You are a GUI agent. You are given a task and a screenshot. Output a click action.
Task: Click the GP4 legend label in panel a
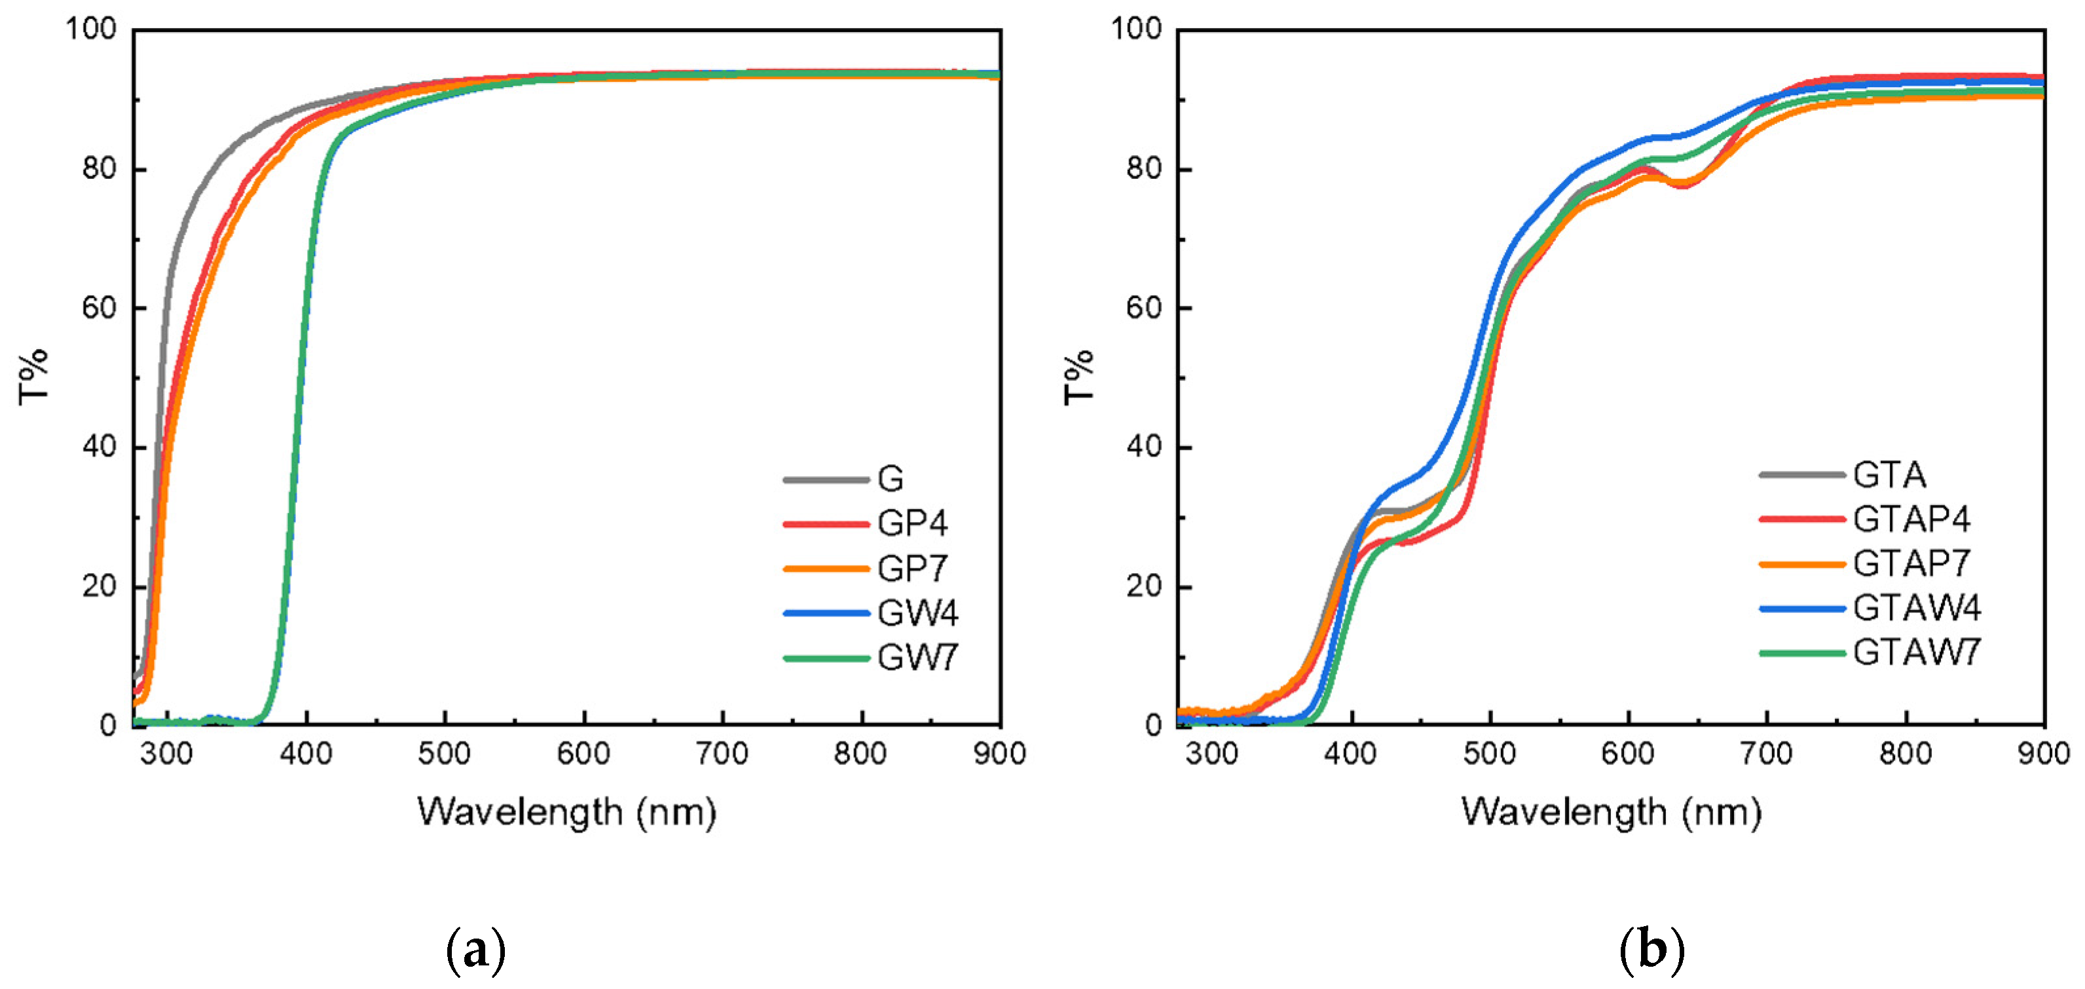(x=912, y=523)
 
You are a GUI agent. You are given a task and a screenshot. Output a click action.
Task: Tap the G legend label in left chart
(x=891, y=479)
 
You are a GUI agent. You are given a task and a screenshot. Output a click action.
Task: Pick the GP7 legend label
(x=912, y=568)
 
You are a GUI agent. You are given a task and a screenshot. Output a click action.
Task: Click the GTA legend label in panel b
(x=1889, y=474)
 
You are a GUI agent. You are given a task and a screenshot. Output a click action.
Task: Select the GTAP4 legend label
(x=1911, y=519)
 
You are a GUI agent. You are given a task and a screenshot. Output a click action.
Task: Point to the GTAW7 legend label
(x=1917, y=652)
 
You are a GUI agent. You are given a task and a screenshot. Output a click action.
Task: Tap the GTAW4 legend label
(x=1917, y=607)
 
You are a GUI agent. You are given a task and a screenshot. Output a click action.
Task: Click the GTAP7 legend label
(x=1911, y=563)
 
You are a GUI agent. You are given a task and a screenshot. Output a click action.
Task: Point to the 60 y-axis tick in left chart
(x=99, y=308)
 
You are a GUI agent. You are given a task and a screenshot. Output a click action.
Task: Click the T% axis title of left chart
(x=34, y=377)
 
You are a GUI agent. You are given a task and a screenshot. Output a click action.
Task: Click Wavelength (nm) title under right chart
(x=1611, y=812)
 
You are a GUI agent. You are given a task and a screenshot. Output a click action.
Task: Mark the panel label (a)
(x=476, y=950)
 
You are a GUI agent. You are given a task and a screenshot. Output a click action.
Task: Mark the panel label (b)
(x=1651, y=950)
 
